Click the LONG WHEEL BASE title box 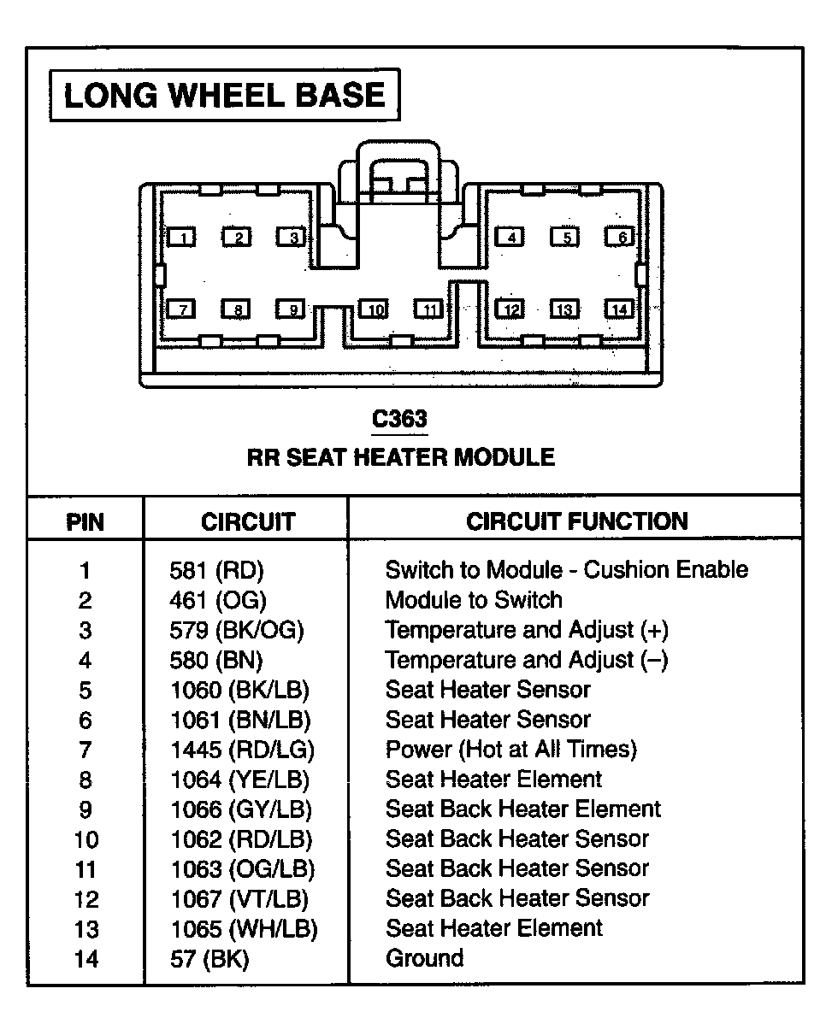[225, 95]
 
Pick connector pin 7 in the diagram [182, 309]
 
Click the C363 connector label [399, 419]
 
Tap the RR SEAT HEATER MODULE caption [401, 457]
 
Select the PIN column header [85, 521]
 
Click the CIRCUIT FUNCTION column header [576, 521]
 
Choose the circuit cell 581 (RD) [217, 570]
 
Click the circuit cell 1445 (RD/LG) [243, 750]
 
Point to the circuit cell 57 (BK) [209, 959]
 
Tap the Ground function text [425, 958]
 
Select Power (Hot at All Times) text [511, 750]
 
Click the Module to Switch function [474, 600]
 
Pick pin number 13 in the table [86, 929]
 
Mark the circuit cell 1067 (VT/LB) [240, 899]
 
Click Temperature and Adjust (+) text [527, 630]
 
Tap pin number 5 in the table [86, 690]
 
